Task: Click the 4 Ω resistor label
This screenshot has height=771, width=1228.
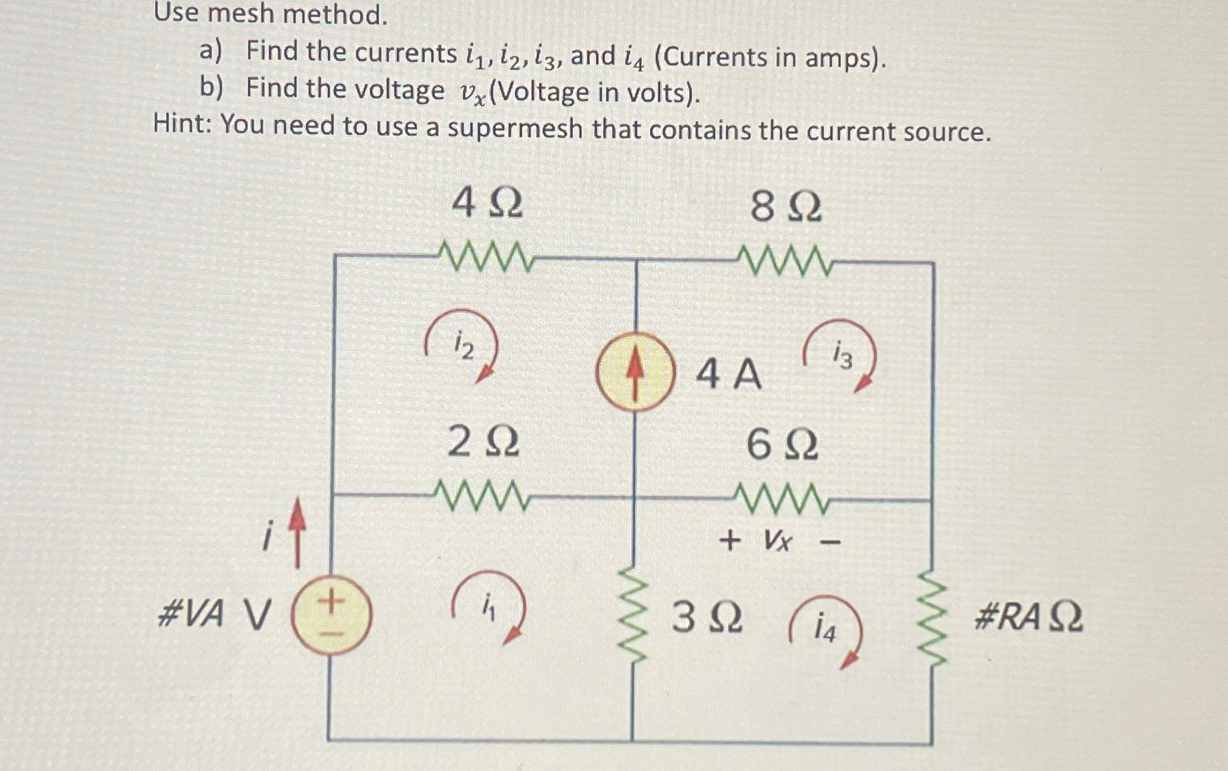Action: point(487,203)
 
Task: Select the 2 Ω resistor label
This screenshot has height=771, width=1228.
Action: point(483,443)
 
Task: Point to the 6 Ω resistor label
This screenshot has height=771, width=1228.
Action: point(781,445)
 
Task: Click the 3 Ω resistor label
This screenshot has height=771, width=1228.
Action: point(707,618)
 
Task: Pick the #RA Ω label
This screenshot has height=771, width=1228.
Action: point(1027,617)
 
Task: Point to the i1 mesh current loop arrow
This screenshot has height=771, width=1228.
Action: point(489,607)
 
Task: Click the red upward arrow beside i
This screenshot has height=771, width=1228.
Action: point(297,532)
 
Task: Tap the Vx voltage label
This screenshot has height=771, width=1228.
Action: point(778,542)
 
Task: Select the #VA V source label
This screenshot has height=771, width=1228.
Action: point(214,614)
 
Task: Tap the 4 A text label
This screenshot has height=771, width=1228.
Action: point(729,374)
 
